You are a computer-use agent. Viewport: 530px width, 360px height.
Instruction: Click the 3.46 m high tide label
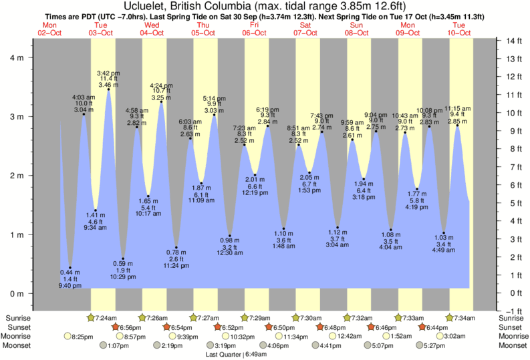click(x=108, y=85)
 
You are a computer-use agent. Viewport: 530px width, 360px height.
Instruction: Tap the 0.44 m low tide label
click(x=70, y=273)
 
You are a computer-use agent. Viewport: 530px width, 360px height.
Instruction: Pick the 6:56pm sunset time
click(x=131, y=327)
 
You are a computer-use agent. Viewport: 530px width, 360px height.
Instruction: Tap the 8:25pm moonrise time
click(x=84, y=337)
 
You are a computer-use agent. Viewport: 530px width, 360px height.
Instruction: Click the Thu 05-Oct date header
click(x=203, y=29)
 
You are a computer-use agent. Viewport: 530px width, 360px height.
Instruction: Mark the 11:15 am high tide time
click(x=457, y=108)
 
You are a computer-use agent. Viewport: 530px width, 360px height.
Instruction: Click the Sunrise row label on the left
click(x=17, y=317)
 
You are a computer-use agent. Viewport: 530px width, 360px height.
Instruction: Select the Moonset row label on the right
click(x=512, y=345)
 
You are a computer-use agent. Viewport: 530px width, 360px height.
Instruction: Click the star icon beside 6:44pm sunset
click(x=422, y=327)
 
